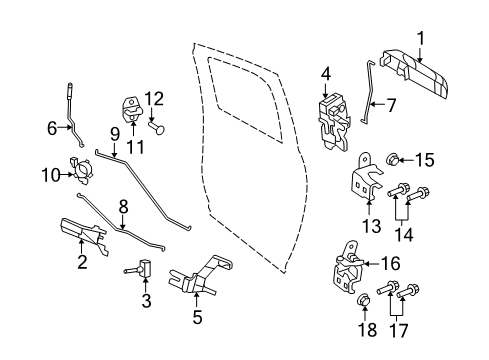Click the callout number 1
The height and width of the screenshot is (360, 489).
(421, 39)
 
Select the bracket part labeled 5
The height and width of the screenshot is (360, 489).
(201, 278)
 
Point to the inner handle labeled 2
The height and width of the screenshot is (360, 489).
(85, 238)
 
